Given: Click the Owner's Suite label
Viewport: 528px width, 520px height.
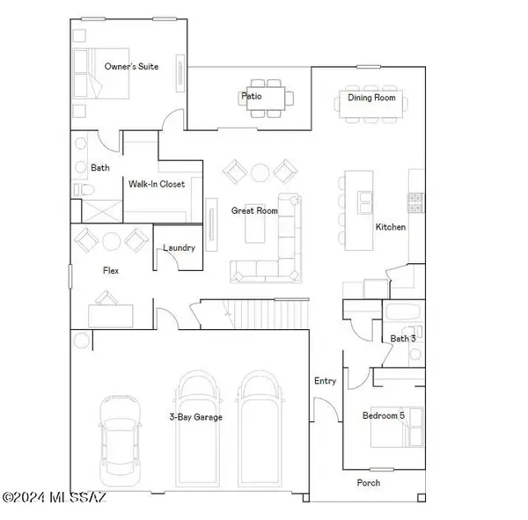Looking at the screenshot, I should pyautogui.click(x=131, y=67).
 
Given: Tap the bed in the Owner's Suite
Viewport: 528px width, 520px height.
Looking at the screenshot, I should pyautogui.click(x=92, y=72).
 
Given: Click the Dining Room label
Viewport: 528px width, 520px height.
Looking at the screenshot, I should pyautogui.click(x=371, y=98).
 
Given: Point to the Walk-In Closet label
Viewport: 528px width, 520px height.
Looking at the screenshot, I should pyautogui.click(x=157, y=185).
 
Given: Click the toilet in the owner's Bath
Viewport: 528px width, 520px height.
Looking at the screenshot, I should pyautogui.click(x=80, y=190).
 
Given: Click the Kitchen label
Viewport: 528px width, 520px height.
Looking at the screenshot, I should pyautogui.click(x=391, y=227).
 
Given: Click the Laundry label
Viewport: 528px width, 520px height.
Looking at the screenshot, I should pyautogui.click(x=179, y=248).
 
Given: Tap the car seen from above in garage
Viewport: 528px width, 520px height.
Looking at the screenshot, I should pyautogui.click(x=120, y=439).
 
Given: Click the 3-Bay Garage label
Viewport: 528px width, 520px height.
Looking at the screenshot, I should pyautogui.click(x=195, y=417).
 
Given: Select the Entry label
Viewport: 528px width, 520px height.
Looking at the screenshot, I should pyautogui.click(x=325, y=381).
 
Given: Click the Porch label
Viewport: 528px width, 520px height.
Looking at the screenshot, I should pyautogui.click(x=369, y=482).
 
